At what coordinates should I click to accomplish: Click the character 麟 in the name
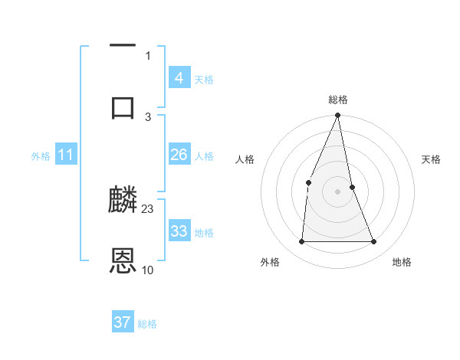pos(123,201)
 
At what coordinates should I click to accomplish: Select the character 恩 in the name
pos(123,261)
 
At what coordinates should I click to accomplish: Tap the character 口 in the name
pos(123,106)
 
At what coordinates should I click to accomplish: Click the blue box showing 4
pos(179,78)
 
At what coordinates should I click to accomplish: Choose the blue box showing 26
pos(179,155)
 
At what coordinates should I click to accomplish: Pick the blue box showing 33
pos(179,231)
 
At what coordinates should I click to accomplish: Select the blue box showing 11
pos(66,155)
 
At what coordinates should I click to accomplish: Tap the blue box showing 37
pos(123,322)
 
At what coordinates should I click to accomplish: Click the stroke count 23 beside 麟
pos(148,208)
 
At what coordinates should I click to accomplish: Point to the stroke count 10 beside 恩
pos(148,270)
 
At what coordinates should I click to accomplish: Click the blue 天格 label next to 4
pos(204,79)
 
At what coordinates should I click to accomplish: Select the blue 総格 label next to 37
pos(147,324)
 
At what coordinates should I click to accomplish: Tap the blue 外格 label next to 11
pos(41,155)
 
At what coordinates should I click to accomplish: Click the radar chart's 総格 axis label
pos(338,100)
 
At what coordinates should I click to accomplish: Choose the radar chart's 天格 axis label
pos(432,159)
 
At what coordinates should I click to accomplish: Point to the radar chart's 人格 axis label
pos(245,159)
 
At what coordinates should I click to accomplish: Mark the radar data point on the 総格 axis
pos(338,116)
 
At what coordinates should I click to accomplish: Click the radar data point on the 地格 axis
pos(374,241)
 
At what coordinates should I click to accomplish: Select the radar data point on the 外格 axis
pos(301,241)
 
